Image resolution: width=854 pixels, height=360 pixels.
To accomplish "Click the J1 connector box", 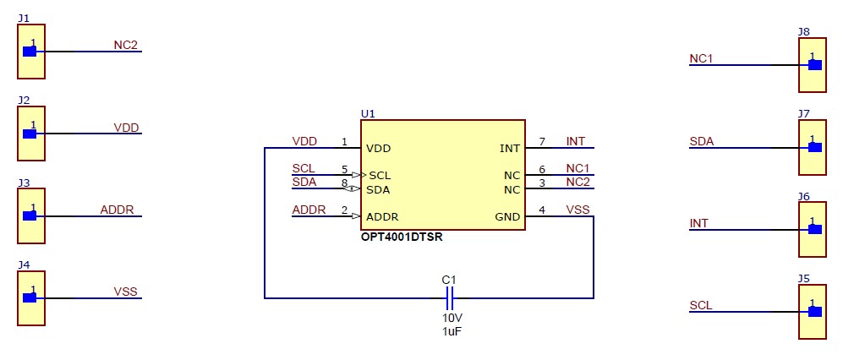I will (x=31, y=52).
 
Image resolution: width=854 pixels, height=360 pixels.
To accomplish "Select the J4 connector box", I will (x=31, y=298).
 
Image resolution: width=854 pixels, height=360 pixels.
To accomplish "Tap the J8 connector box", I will (x=812, y=65).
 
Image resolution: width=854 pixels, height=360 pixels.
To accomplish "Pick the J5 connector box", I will (x=812, y=312).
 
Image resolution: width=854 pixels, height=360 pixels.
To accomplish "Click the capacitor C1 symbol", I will (x=449, y=297).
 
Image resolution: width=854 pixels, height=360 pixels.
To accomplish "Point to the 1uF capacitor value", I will (x=452, y=332).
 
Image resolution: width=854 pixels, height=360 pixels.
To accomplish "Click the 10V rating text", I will (x=452, y=318).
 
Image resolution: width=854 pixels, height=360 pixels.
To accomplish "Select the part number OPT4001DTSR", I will (x=402, y=237).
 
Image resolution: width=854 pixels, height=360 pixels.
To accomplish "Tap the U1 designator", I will (x=368, y=113).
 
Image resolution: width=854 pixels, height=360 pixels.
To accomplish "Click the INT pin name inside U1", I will (x=510, y=149).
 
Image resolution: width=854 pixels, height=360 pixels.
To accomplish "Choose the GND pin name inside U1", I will (x=507, y=217).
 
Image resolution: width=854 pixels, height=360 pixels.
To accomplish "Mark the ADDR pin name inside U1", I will (x=382, y=216).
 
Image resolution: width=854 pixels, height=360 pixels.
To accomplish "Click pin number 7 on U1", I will (x=542, y=142).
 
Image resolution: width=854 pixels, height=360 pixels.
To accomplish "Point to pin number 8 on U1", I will (x=345, y=183).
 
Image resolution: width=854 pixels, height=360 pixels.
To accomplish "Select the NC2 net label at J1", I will (x=125, y=45).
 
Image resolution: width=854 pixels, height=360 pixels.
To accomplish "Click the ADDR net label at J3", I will (x=117, y=210).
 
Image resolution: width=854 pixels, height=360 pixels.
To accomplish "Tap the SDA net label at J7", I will (x=702, y=141).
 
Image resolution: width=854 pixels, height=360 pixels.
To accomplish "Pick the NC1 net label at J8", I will (x=702, y=59).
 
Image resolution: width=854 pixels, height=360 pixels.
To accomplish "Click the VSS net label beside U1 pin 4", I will (x=578, y=210).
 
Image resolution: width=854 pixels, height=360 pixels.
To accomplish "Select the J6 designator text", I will (x=803, y=196).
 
